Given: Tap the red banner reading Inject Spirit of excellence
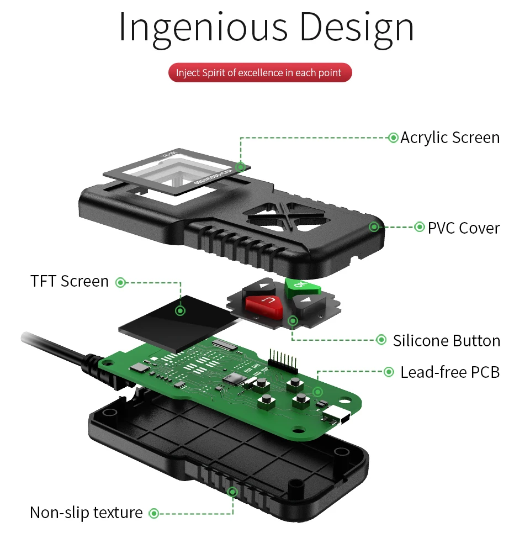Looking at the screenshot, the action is [x=259, y=72].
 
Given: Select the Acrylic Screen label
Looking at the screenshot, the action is [x=450, y=138].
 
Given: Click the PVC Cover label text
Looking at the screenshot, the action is [x=464, y=228].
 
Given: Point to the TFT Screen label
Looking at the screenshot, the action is [x=70, y=281].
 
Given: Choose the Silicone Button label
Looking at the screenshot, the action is [x=447, y=340].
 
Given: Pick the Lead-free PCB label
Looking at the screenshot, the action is [x=450, y=372].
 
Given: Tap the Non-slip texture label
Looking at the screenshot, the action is [x=86, y=513].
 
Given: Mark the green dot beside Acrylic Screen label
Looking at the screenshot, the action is [x=393, y=138].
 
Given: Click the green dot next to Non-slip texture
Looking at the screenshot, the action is [x=154, y=513].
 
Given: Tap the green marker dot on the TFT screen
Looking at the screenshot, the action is [x=181, y=310].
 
